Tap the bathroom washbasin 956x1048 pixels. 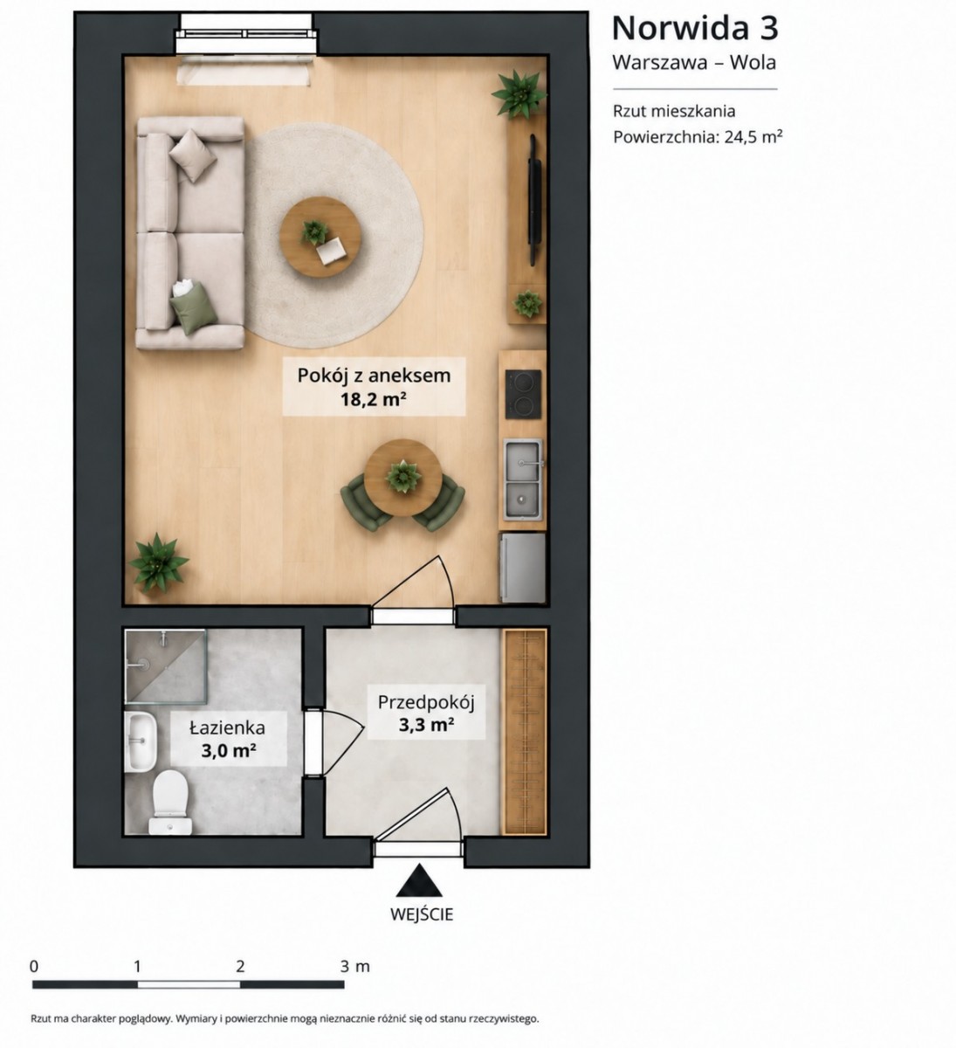(x=141, y=742)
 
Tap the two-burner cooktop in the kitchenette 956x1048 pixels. (x=523, y=394)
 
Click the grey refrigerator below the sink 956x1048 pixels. (x=524, y=568)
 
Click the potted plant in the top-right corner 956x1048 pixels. (x=519, y=94)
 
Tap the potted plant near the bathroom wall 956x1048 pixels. (x=159, y=562)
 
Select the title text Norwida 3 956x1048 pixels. (x=695, y=28)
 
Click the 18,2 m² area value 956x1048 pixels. (x=374, y=400)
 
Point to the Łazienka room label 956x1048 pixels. (x=227, y=727)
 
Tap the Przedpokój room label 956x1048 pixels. (x=426, y=703)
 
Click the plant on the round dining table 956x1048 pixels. (x=403, y=477)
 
